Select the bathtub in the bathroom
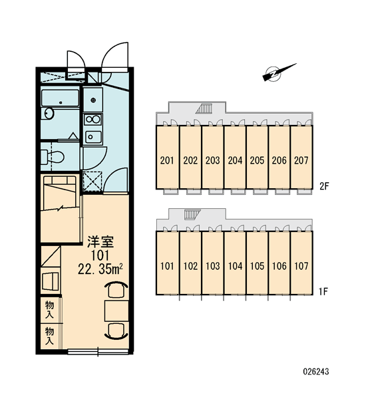point(60,98)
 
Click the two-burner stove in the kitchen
point(93,119)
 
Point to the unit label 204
point(235,160)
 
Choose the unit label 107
point(301,266)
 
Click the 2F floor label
point(325,186)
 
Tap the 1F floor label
point(323,292)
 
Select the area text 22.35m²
point(100,269)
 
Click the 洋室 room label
point(100,242)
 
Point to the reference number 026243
point(316,372)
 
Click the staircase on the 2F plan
point(204,108)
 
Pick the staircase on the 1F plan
point(192,214)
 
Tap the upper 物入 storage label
point(49,309)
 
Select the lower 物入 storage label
point(49,336)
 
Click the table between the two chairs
point(116,311)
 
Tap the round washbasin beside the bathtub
point(48,114)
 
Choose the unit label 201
point(167,160)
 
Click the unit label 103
point(213,266)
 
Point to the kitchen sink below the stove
point(93,137)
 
